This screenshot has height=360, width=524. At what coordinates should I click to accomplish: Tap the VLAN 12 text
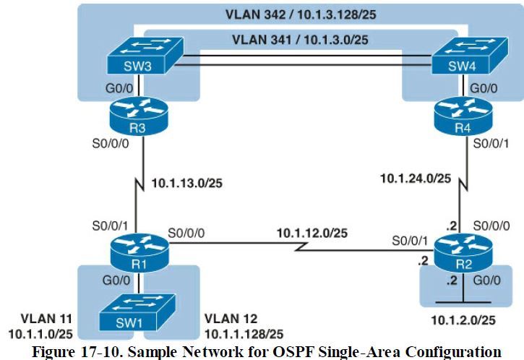click(231, 318)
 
